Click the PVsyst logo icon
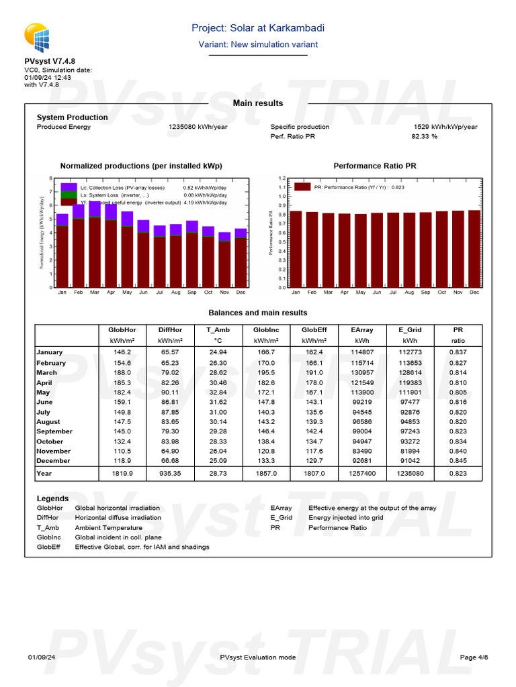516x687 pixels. (x=36, y=38)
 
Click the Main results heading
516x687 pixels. (x=258, y=103)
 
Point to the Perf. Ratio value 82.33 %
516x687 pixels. (x=424, y=136)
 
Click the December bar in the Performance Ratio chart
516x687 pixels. (x=474, y=248)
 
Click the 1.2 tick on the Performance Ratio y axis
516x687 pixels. (x=282, y=178)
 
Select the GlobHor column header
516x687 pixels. (x=122, y=330)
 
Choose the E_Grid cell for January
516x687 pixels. (x=411, y=352)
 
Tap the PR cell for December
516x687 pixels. (x=458, y=461)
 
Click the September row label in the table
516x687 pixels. (x=54, y=431)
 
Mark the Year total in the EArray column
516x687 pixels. (x=362, y=474)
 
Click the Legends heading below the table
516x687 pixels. (x=52, y=498)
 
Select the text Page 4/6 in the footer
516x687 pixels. (x=473, y=657)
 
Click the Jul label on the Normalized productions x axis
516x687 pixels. (x=159, y=293)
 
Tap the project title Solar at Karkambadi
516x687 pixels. (x=258, y=28)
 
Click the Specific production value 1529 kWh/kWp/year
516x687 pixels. (x=445, y=127)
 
